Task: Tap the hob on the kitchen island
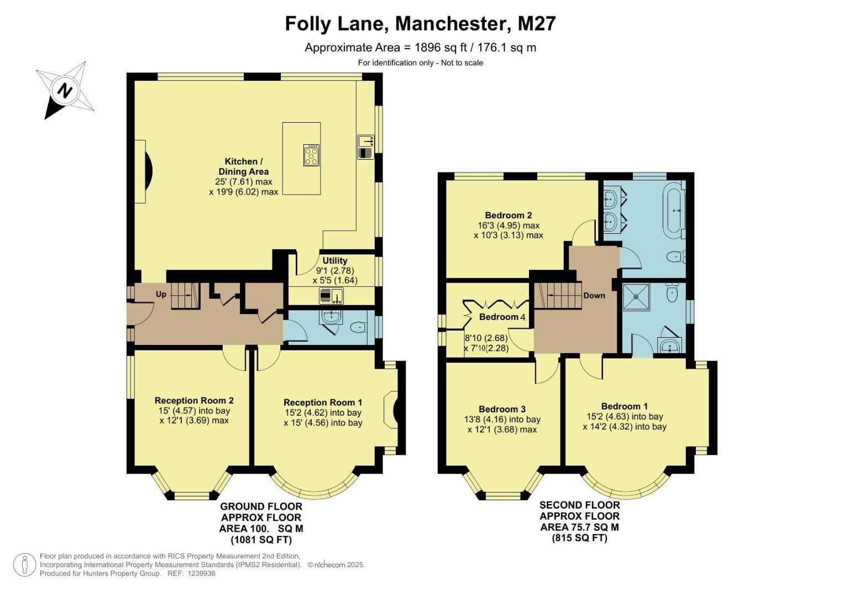311,155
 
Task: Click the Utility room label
335,261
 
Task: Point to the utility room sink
331,296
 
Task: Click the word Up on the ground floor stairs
161,294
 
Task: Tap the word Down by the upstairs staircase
594,296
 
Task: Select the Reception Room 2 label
194,401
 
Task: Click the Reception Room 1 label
323,402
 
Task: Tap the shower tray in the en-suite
636,296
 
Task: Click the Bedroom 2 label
508,216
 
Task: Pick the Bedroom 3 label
502,409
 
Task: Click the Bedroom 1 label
625,406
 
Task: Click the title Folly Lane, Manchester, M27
420,24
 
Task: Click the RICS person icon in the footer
24,565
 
